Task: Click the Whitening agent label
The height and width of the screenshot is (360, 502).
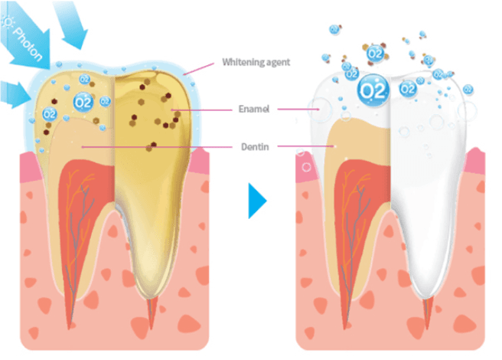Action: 256,61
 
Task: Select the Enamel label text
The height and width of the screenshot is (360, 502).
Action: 253,110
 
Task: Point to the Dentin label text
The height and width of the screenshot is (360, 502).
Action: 254,145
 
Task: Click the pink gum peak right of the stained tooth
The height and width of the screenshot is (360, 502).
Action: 200,161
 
